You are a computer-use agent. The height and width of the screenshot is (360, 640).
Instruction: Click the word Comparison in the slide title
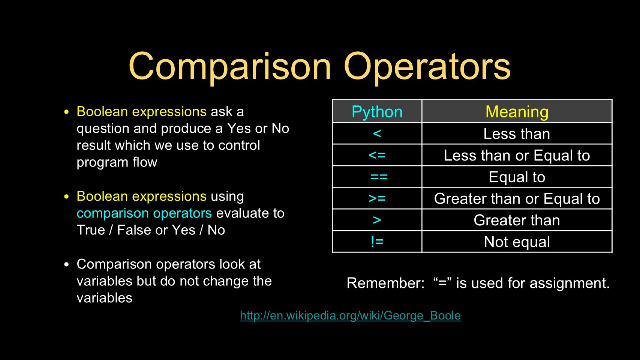(x=230, y=67)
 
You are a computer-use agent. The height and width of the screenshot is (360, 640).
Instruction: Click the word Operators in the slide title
(x=427, y=67)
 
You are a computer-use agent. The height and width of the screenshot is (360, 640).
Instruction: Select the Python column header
(x=377, y=111)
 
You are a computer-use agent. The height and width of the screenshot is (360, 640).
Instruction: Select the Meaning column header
(x=517, y=111)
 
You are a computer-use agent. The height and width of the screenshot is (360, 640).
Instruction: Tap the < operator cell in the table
(x=377, y=133)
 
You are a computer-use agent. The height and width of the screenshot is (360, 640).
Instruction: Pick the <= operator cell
(x=377, y=155)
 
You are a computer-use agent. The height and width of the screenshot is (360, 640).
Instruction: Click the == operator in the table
(x=379, y=177)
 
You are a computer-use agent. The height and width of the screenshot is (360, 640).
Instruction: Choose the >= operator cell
(x=377, y=198)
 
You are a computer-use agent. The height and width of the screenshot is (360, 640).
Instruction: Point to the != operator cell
(x=377, y=241)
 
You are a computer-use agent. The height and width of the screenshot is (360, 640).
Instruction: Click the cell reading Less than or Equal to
(x=517, y=155)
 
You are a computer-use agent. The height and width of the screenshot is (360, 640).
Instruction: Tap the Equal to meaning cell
(x=517, y=177)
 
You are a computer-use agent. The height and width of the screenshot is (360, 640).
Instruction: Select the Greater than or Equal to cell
(x=517, y=198)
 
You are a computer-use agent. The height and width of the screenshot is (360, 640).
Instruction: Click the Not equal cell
(x=517, y=241)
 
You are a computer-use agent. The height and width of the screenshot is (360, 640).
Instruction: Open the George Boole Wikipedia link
(x=350, y=316)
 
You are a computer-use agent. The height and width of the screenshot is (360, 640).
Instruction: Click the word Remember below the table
(x=385, y=283)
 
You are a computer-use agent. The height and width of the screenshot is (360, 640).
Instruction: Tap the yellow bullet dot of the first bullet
(x=67, y=112)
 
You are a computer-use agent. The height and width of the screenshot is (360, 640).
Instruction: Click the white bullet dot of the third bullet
(x=67, y=264)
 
